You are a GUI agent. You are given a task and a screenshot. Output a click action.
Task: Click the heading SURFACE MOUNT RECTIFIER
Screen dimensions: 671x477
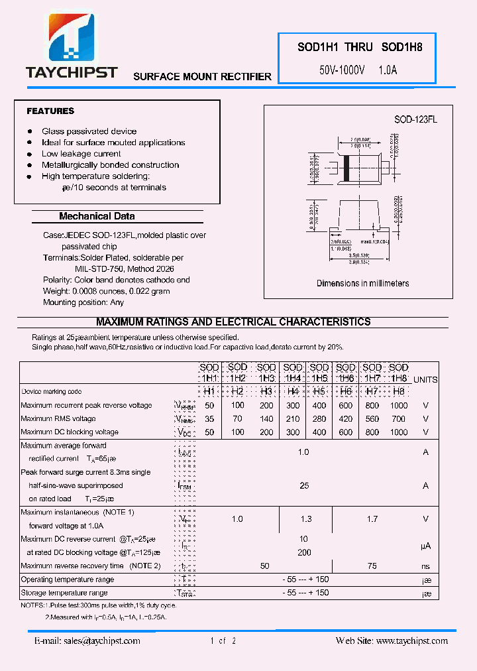tap(202, 76)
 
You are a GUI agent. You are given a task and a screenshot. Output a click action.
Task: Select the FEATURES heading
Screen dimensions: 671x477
tap(50, 111)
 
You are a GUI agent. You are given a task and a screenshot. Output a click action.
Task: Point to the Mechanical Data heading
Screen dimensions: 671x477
tap(97, 216)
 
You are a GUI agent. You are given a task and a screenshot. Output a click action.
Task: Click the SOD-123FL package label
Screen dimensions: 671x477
tap(415, 119)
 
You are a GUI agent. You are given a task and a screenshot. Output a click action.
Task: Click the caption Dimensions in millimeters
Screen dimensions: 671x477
tap(362, 283)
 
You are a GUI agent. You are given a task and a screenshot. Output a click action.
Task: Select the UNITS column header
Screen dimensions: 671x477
tap(425, 380)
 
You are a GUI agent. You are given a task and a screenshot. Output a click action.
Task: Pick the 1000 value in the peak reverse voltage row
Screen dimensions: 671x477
tap(399, 405)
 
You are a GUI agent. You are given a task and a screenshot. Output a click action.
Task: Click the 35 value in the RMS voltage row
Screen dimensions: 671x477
tap(209, 418)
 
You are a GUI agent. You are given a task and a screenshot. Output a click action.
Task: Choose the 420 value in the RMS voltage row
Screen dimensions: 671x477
tap(345, 418)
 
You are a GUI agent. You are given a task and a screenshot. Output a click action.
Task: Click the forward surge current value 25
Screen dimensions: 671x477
tap(304, 485)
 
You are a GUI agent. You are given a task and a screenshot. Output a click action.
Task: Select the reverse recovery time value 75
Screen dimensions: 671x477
tap(372, 566)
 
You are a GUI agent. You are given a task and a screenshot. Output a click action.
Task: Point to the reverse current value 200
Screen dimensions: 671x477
tap(304, 552)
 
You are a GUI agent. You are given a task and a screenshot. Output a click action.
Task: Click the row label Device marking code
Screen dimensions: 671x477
tap(52, 392)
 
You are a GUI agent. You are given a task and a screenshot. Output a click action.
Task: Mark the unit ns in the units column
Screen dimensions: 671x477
tap(425, 566)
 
